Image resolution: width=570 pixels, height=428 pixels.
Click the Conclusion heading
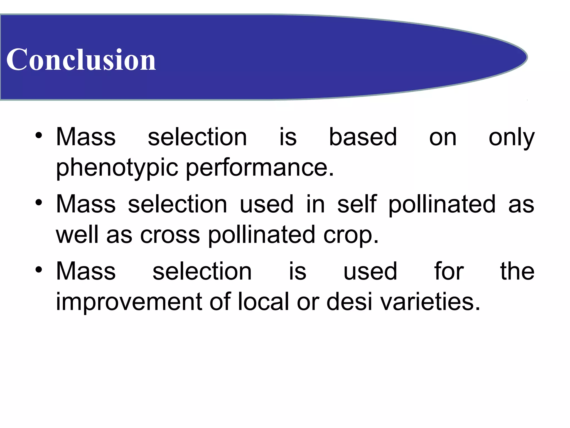(81, 59)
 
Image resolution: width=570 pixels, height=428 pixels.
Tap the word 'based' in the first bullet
(363, 137)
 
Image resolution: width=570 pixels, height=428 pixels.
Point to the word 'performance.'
(260, 168)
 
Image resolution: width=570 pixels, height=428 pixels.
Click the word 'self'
(357, 204)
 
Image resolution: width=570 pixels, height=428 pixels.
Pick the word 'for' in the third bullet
(449, 271)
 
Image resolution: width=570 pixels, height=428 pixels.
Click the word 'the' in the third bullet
(517, 271)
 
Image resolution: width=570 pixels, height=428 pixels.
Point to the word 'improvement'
(129, 302)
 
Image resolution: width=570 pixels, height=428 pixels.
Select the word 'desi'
(349, 302)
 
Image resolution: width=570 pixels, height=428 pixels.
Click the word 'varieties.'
(430, 302)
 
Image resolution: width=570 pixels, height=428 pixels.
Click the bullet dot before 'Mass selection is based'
(39, 135)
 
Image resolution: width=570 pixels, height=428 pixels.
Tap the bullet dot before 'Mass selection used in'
(39, 203)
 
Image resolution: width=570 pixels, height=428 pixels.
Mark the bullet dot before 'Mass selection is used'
(39, 269)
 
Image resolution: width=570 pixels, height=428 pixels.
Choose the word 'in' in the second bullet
(315, 204)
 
